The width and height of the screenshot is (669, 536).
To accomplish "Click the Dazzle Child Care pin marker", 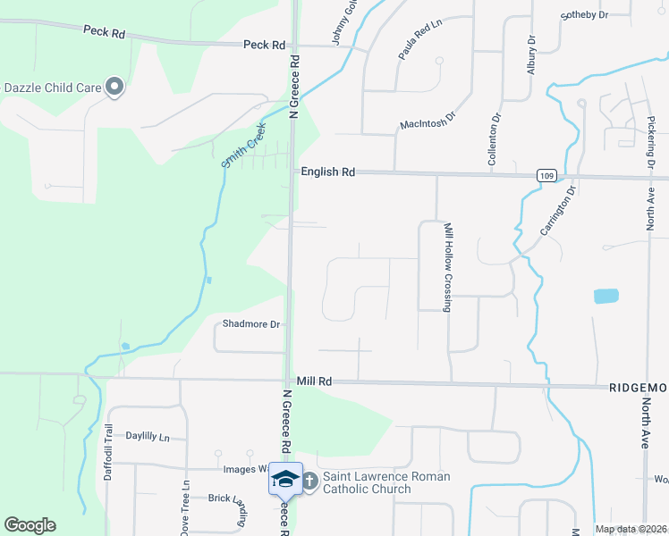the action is coord(114,87).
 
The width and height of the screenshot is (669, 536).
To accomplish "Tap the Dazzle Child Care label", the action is coord(53,88).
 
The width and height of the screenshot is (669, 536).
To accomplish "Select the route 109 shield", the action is coord(546,175).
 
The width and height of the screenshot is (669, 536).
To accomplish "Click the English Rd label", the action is coord(327,172).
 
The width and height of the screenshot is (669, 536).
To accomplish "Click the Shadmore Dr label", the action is coord(251,324).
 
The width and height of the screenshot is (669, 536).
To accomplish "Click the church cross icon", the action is coord(309,482).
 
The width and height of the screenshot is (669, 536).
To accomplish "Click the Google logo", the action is coord(30,525).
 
